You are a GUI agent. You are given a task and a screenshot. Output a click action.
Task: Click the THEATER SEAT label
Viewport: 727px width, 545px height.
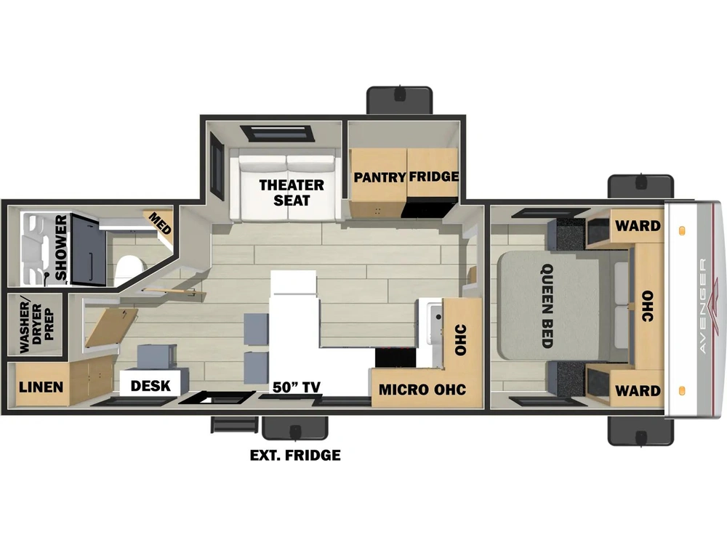(292, 193)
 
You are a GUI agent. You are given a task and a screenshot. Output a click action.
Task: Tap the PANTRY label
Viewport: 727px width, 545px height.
(379, 177)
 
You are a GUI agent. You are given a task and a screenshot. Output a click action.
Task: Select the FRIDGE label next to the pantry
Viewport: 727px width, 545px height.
(434, 177)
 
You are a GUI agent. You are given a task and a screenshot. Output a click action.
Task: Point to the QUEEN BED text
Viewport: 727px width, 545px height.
(547, 306)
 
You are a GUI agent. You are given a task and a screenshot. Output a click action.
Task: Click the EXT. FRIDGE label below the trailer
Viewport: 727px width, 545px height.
(295, 456)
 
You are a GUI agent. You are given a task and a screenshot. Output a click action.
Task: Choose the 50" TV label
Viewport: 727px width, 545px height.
(297, 387)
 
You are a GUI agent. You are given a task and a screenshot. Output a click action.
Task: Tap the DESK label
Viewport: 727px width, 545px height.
(150, 386)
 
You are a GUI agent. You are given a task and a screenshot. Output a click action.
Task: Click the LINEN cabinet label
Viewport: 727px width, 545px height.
(41, 387)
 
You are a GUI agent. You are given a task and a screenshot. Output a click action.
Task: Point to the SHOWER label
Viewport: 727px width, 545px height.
(61, 248)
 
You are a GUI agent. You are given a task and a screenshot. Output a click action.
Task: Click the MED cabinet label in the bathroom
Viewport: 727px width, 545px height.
(160, 223)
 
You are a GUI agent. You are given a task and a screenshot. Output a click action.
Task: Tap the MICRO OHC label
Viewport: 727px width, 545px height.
(422, 389)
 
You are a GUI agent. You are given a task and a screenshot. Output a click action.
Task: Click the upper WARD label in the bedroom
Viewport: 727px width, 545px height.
(638, 226)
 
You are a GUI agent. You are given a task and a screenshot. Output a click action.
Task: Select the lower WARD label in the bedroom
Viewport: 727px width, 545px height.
(638, 391)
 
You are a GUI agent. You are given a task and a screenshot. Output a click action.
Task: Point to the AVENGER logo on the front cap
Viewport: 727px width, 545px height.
(703, 307)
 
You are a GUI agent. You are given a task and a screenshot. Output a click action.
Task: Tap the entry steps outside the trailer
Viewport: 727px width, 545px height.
(234, 424)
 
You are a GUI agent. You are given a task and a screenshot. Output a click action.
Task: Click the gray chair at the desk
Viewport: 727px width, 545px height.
(157, 357)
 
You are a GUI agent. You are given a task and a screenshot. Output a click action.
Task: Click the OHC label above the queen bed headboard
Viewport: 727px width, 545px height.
(647, 307)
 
